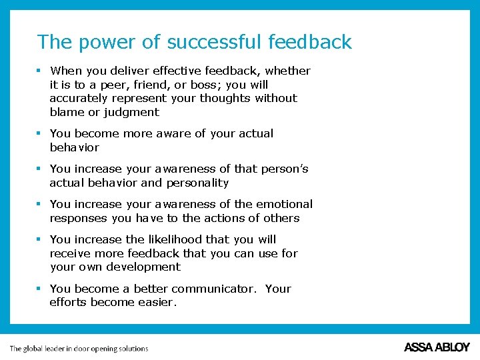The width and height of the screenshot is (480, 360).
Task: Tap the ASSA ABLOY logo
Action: [437, 347]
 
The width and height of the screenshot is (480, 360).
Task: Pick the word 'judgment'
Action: [131, 112]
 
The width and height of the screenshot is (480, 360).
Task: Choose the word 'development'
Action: [148, 267]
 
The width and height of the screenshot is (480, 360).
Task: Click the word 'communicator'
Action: [213, 289]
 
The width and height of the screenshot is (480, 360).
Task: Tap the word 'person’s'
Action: [284, 169]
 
